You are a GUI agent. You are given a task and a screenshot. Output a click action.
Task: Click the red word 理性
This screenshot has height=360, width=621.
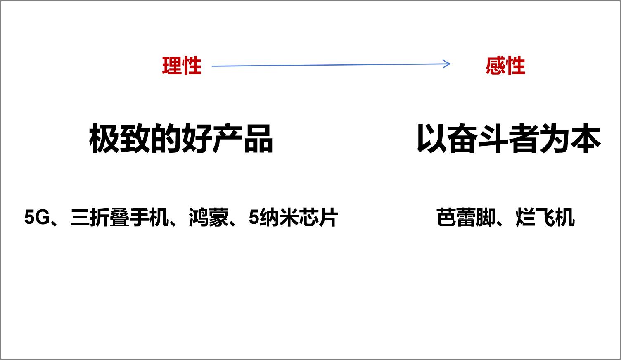point(182,66)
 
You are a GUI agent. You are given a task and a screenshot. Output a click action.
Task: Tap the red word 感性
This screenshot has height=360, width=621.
point(505,66)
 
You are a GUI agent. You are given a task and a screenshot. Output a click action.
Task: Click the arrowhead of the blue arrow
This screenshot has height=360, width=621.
point(448,64)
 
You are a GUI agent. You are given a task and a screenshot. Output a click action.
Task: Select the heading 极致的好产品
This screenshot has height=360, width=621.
point(181,139)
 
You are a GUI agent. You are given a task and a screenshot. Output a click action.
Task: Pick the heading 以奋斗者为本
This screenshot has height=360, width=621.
point(508,139)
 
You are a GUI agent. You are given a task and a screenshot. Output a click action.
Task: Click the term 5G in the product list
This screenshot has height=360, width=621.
point(36,218)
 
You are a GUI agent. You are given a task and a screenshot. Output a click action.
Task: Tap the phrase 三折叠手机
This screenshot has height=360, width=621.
point(120,218)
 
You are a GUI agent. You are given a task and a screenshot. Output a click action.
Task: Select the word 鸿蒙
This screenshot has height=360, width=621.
point(209,218)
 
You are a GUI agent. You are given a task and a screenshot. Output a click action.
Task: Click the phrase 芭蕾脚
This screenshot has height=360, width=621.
point(465,218)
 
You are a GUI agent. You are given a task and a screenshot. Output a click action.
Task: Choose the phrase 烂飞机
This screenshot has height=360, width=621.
point(545,218)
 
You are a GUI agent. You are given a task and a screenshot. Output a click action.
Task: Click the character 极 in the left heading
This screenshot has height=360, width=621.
point(104,139)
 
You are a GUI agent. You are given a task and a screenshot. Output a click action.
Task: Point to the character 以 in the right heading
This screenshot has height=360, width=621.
point(431,139)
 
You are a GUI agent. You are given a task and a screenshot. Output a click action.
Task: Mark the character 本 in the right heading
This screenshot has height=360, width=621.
point(585,139)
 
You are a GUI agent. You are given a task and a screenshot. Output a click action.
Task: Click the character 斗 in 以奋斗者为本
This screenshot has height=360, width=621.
point(493,139)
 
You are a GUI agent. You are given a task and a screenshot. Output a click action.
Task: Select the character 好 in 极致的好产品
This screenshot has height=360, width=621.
point(196,139)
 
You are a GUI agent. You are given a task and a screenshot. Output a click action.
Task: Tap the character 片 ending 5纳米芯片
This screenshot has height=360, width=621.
point(329,218)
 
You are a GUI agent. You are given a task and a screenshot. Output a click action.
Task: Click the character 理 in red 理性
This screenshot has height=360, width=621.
point(172,66)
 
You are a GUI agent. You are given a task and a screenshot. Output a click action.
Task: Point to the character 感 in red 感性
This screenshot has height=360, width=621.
point(495,66)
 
